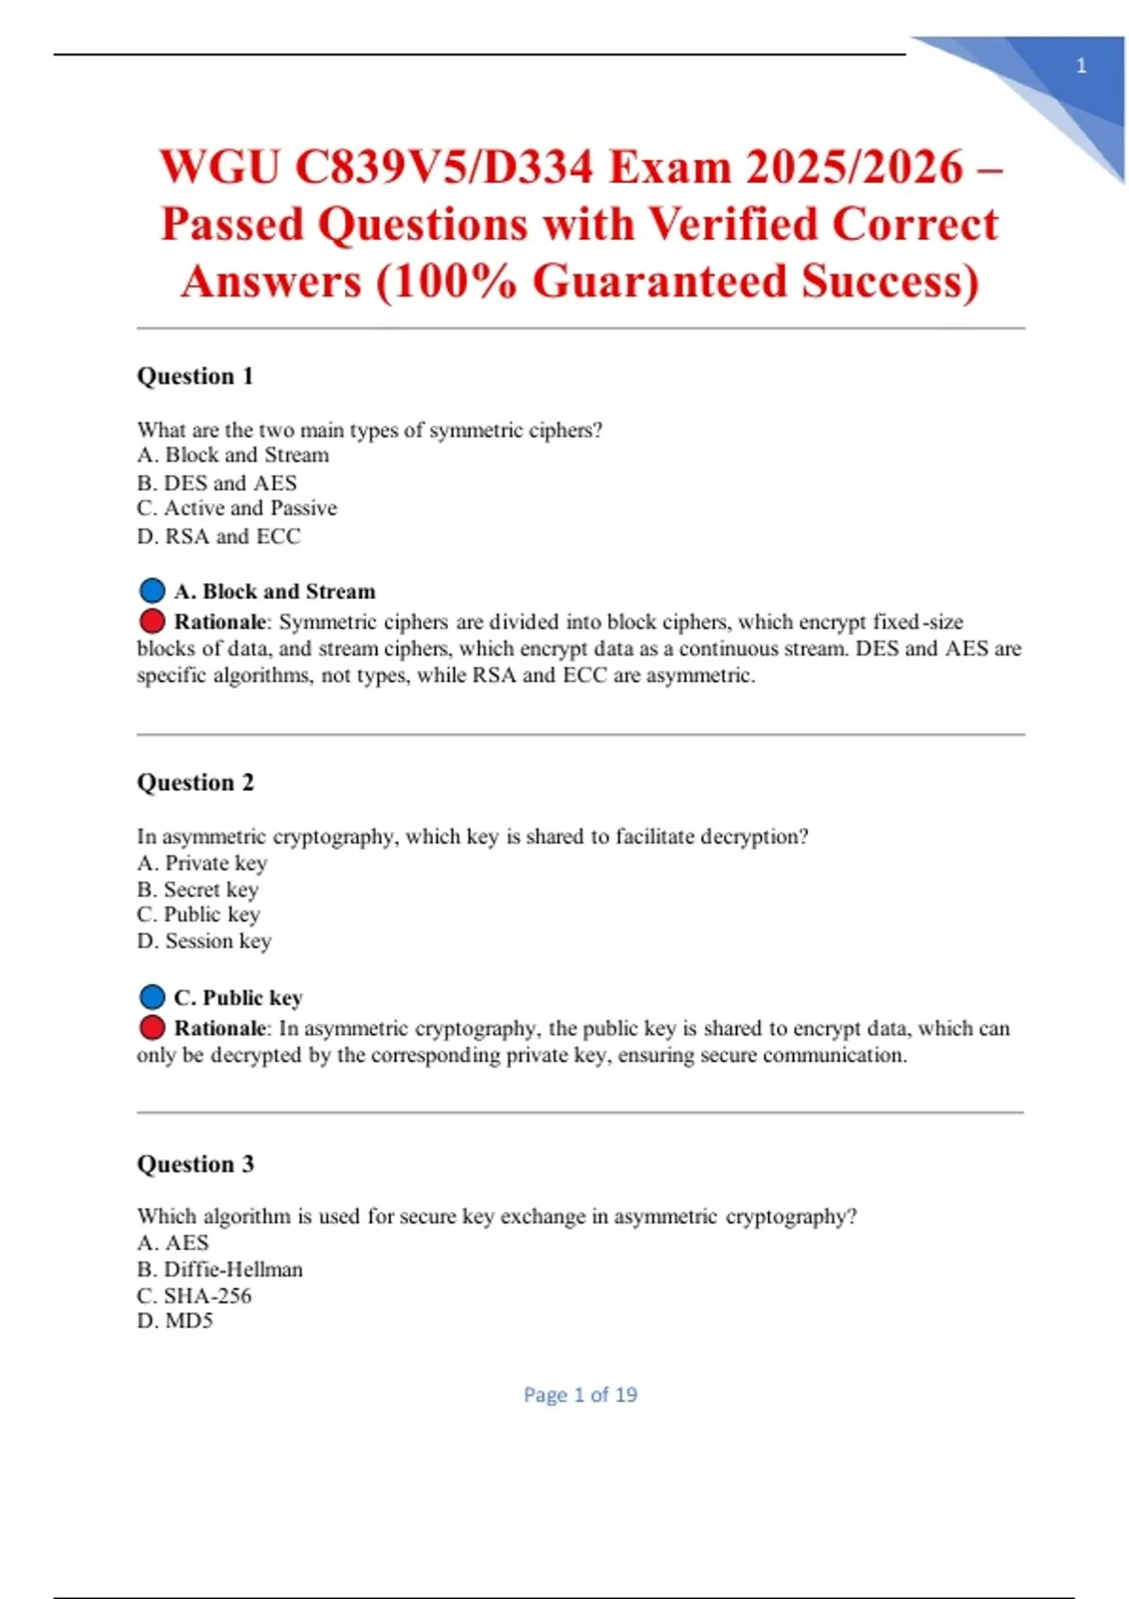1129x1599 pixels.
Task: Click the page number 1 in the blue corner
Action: point(1081,66)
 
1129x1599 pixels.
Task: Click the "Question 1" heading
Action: point(195,376)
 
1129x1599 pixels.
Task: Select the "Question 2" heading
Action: point(195,783)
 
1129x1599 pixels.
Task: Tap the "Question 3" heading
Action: point(195,1164)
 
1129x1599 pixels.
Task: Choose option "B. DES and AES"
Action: point(216,483)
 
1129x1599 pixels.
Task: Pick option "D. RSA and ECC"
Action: point(218,537)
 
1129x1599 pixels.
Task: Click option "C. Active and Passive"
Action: point(236,509)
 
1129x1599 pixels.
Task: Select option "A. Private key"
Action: point(201,863)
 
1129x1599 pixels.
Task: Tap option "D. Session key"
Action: point(203,942)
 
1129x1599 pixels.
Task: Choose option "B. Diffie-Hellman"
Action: point(219,1270)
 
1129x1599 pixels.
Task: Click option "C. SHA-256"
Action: point(194,1296)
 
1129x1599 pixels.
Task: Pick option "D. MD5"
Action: point(175,1322)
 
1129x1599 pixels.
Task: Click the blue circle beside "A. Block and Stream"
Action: point(151,591)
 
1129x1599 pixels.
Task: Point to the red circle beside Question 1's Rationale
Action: point(151,621)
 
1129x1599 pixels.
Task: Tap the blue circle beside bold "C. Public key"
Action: point(151,997)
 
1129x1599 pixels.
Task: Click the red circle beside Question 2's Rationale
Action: point(151,1027)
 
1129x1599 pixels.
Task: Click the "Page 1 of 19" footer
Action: point(580,1395)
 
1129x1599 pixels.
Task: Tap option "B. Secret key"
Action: point(197,890)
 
